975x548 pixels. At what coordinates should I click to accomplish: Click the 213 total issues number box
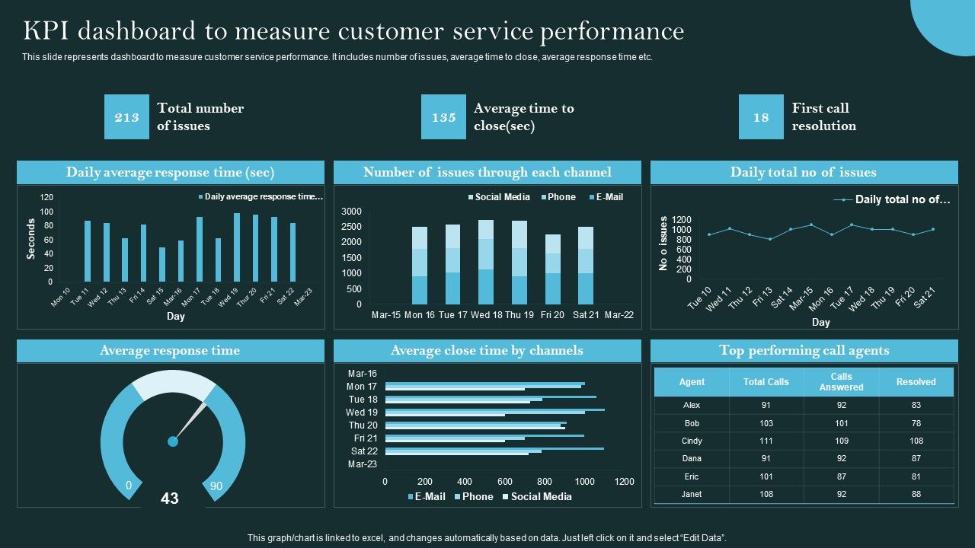[126, 117]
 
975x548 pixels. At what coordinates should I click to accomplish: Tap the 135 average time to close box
[443, 117]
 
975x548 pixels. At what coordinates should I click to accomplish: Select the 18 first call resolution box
[761, 117]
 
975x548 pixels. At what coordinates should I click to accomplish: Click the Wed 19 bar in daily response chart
[236, 247]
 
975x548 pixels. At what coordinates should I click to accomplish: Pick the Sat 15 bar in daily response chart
[161, 264]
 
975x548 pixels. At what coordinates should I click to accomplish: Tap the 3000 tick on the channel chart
[351, 211]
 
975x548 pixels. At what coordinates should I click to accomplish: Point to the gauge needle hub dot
[173, 441]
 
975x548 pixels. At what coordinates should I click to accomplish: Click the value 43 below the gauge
[170, 499]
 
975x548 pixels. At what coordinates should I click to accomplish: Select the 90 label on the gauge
[216, 486]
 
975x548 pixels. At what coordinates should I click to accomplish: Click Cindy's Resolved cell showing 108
[916, 441]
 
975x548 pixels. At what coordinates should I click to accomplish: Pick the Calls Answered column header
[841, 382]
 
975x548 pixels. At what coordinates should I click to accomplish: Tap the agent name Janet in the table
[691, 494]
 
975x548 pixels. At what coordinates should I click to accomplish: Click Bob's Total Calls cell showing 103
[766, 423]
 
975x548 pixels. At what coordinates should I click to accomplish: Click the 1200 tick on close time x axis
[624, 481]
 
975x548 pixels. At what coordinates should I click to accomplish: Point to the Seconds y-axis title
[31, 239]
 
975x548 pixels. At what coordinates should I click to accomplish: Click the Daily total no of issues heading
[804, 172]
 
